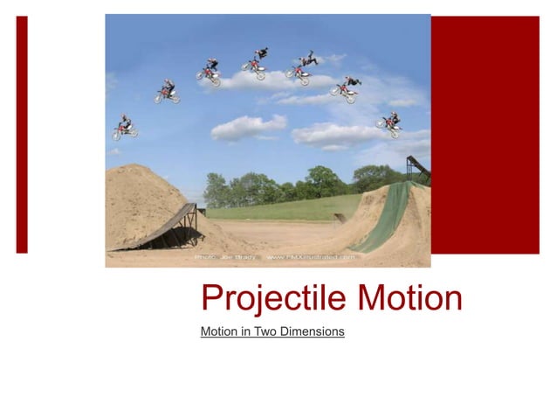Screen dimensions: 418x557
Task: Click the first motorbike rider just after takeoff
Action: [x=124, y=128]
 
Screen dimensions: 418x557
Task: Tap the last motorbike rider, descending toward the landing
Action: [x=389, y=123]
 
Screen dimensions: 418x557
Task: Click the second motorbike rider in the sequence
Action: [x=167, y=91]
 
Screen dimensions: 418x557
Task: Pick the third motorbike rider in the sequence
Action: [x=210, y=73]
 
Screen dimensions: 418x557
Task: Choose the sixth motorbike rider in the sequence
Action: [x=347, y=88]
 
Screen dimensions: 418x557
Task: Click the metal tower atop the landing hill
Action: [x=416, y=169]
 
